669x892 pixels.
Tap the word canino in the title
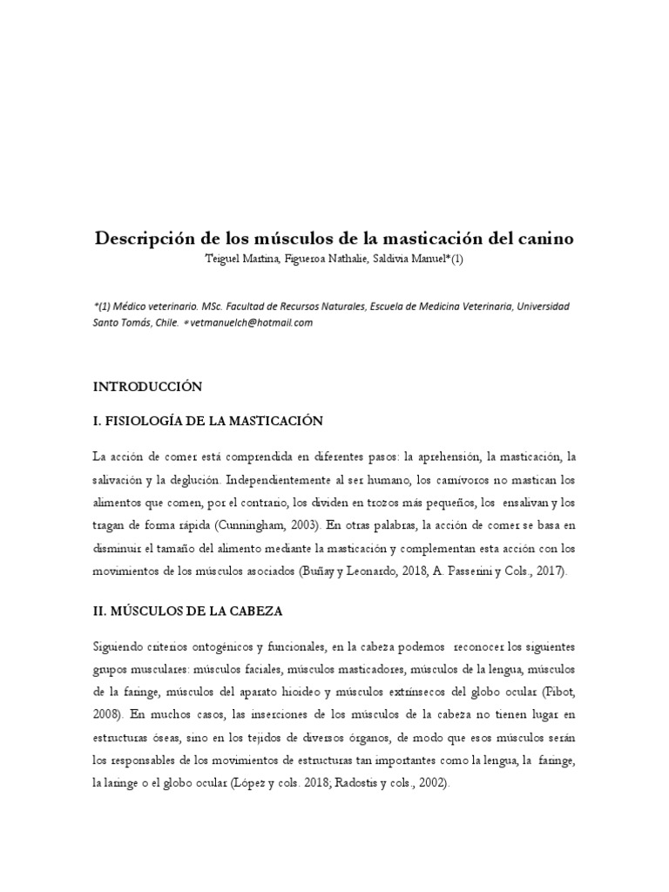tap(544, 238)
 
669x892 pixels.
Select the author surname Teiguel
tap(224, 259)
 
